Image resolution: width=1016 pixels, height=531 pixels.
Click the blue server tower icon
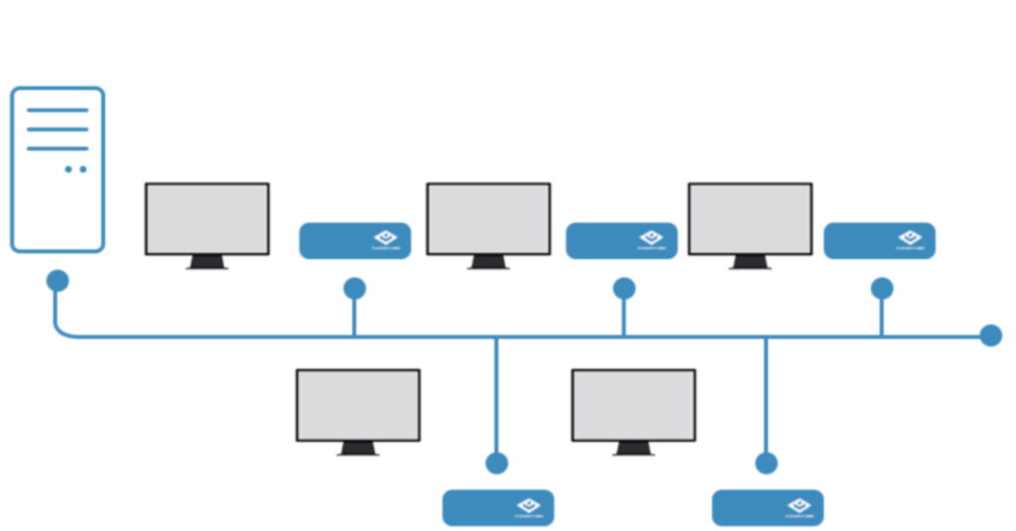click(58, 169)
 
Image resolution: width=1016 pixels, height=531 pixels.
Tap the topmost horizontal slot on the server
click(58, 110)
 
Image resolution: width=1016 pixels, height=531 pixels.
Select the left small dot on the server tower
click(68, 170)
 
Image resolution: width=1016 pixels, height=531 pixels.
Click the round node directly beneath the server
click(58, 281)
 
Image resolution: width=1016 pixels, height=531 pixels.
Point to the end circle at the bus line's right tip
click(990, 335)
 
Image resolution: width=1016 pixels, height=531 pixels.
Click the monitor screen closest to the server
click(207, 218)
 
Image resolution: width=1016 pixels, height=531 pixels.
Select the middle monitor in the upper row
click(488, 218)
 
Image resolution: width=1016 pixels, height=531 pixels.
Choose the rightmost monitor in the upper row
click(750, 218)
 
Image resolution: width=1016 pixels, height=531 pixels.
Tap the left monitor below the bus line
click(358, 405)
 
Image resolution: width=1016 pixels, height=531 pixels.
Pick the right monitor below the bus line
click(633, 405)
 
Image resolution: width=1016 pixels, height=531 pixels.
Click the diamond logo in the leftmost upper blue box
click(385, 238)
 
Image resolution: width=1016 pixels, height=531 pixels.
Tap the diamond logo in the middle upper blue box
click(651, 238)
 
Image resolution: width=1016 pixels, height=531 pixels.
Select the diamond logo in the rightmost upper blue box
click(909, 238)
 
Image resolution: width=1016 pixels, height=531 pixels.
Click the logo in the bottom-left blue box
click(528, 506)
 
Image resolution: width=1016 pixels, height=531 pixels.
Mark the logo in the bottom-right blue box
click(798, 506)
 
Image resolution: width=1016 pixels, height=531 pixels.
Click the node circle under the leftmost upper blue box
click(354, 289)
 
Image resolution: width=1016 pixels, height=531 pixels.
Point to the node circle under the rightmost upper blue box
click(881, 289)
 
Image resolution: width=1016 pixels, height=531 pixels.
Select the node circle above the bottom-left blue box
click(497, 464)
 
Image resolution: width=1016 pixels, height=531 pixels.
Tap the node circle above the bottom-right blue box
click(766, 464)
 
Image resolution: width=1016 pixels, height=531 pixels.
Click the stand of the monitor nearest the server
click(207, 264)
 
